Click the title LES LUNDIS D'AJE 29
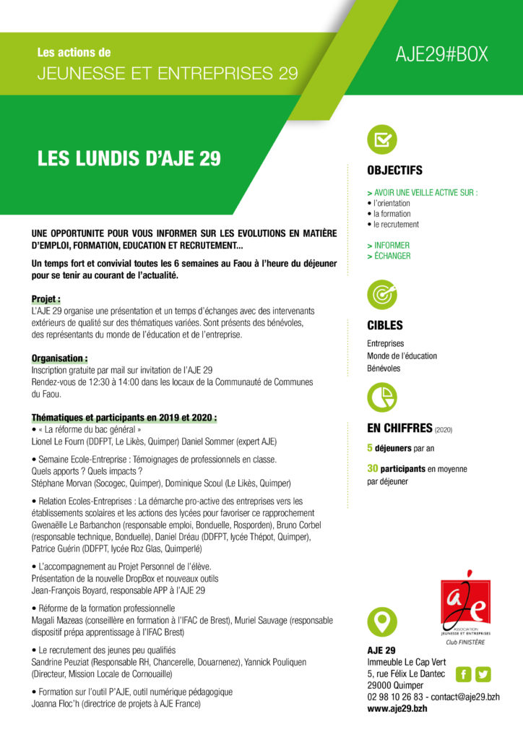129,159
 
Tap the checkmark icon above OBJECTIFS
382,139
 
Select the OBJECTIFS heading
394,171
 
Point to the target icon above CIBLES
382,294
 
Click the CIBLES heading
385,326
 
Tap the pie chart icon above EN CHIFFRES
382,396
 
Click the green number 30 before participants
373,469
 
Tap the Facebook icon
463,674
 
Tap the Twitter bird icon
483,674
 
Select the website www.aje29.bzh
397,710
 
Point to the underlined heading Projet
46,298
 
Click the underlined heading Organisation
60,358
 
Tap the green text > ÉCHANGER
389,256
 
